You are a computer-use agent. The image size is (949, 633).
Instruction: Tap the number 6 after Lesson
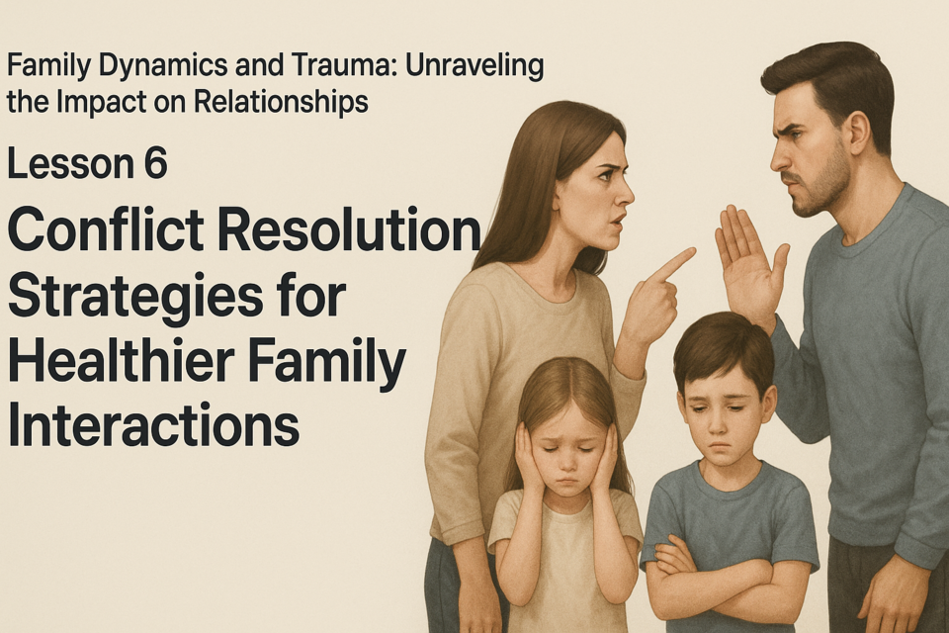pos(155,163)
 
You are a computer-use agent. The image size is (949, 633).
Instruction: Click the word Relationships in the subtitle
pos(282,101)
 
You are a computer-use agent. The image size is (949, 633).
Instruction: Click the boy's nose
pos(719,427)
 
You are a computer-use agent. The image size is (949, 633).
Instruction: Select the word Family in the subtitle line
pos(47,66)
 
